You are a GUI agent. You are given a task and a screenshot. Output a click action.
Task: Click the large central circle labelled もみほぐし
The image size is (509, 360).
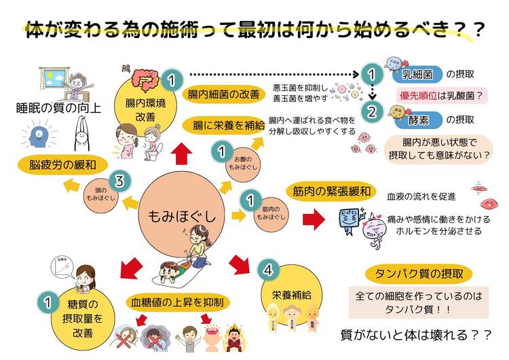click(181, 216)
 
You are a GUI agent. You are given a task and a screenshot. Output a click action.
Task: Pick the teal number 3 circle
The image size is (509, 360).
click(120, 181)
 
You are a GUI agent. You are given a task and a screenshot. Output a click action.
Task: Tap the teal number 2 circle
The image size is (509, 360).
click(371, 111)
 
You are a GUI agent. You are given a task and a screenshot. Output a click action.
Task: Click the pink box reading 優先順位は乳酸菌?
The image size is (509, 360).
click(442, 96)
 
